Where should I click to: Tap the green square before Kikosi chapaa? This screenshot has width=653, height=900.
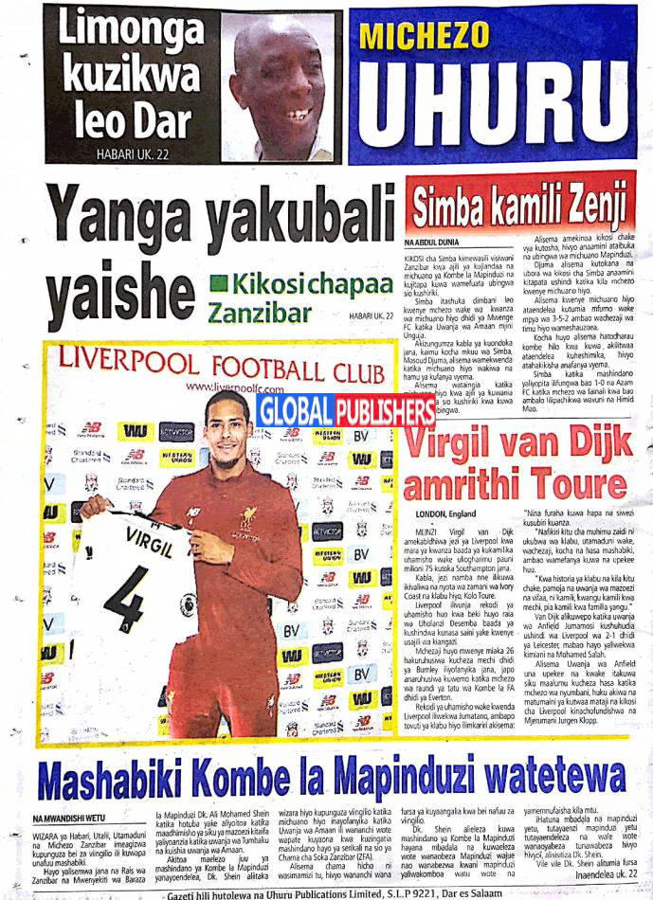click(219, 282)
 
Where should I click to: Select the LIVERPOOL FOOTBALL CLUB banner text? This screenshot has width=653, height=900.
click(224, 366)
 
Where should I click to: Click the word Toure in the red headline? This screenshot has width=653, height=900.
click(565, 483)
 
